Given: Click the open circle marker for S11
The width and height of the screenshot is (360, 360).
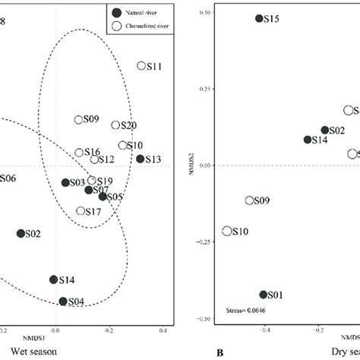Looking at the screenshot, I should tap(141, 66).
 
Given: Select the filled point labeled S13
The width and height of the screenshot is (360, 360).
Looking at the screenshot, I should tap(140, 159).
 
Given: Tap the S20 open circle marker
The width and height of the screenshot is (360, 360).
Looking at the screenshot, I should tap(115, 125).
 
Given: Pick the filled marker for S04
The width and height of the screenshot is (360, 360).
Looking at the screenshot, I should tap(63, 302).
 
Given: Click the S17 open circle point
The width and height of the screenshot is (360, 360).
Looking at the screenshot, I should tap(81, 211).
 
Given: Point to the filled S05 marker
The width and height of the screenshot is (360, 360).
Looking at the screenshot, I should tap(103, 197).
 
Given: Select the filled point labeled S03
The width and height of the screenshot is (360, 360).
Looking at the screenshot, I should tap(65, 182).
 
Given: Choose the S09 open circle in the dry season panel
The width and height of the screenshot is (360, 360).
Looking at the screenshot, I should tap(249, 201).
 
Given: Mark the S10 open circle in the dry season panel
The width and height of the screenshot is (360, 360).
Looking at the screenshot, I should tap(227, 231).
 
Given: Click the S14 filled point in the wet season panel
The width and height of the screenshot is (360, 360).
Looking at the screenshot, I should tap(53, 279).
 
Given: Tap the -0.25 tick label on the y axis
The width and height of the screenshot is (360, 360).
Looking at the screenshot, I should tap(203, 242).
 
